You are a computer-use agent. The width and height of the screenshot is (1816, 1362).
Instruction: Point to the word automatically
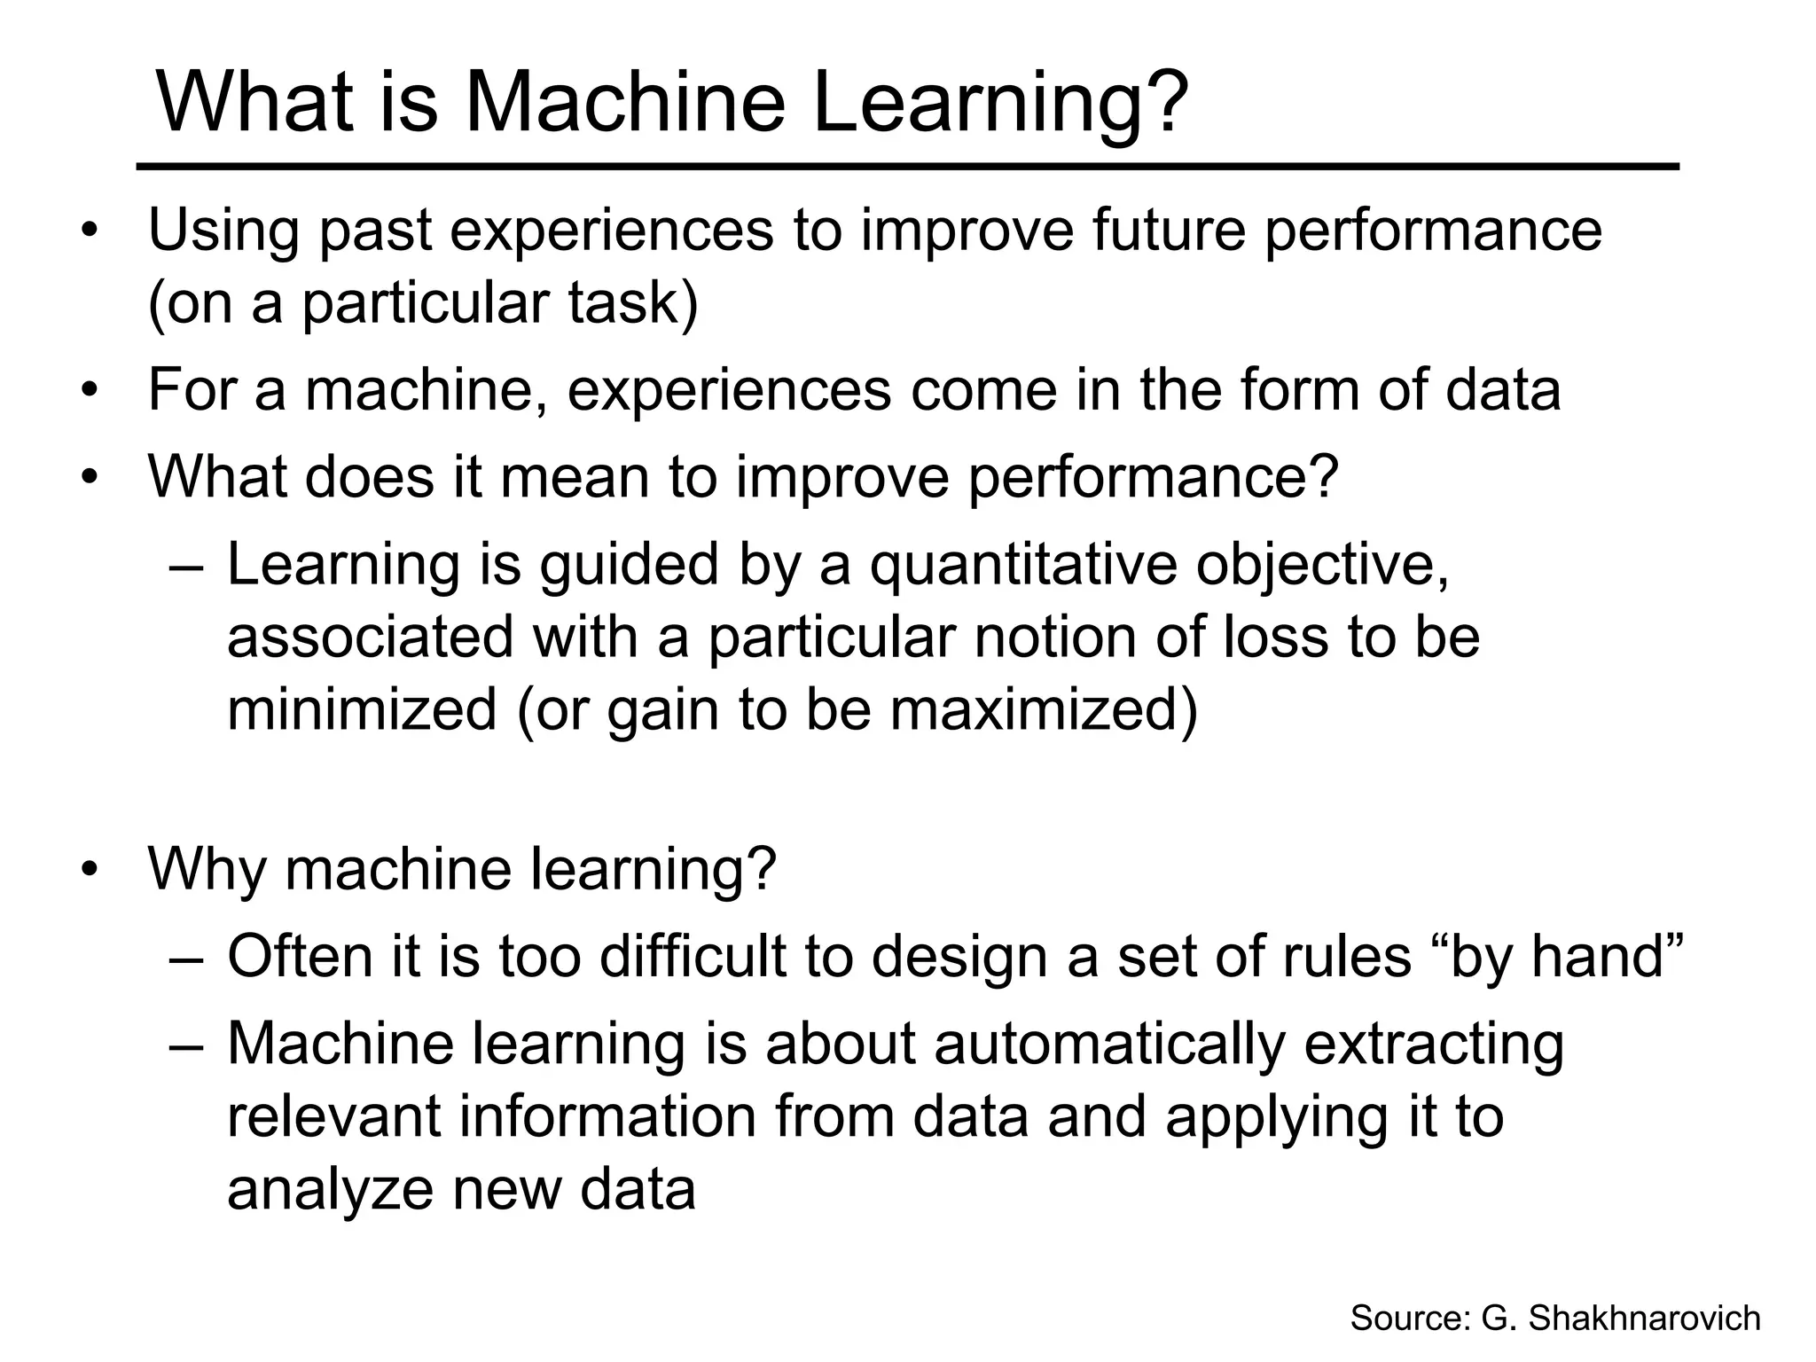click(x=1108, y=1044)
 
